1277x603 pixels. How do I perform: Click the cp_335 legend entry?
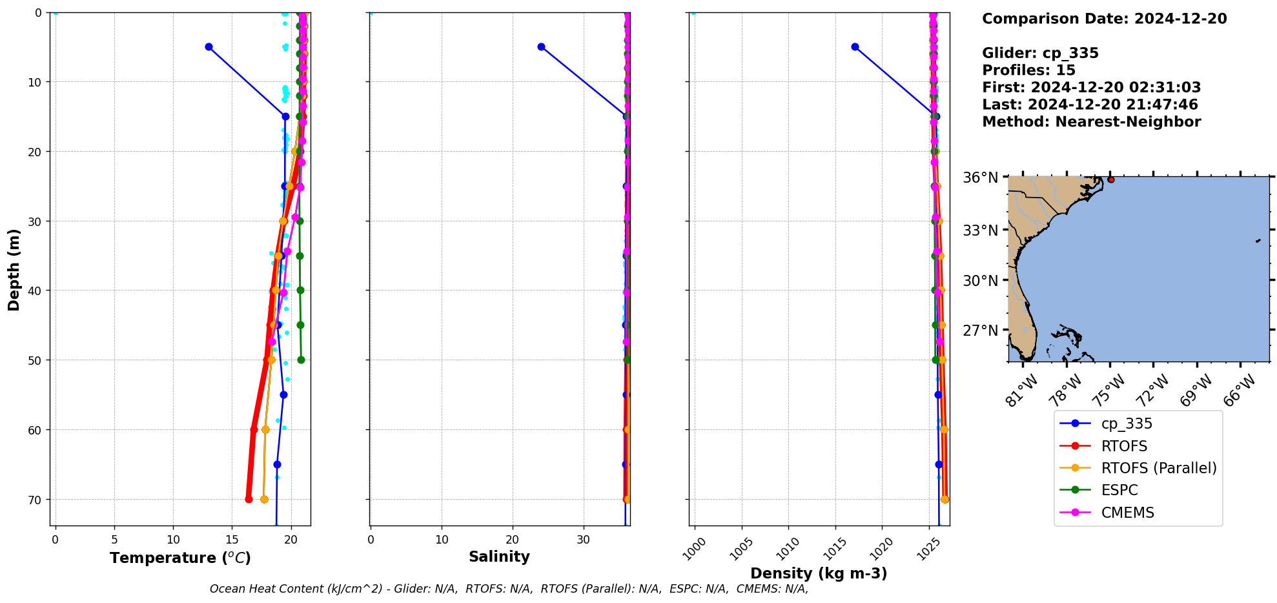(x=1127, y=424)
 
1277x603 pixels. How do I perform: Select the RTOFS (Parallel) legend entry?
(x=1158, y=468)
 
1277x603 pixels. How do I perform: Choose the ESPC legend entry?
(x=1119, y=490)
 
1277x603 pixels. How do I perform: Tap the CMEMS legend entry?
(x=1127, y=513)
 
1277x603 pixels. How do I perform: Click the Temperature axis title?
(x=180, y=558)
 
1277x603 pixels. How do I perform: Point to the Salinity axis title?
(x=499, y=557)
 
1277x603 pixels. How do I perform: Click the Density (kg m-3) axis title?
(x=819, y=573)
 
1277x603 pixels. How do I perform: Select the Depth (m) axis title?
(x=14, y=270)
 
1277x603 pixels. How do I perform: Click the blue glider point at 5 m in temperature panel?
(x=209, y=46)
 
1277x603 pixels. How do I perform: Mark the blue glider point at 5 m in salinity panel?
(x=541, y=46)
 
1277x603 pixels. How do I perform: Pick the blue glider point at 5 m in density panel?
(x=855, y=46)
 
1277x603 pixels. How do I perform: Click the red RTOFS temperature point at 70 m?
(x=249, y=499)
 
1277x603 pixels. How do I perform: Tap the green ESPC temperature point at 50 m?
(x=301, y=360)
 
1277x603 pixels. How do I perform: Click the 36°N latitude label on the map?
(x=980, y=178)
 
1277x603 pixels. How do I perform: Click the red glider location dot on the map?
(x=1110, y=179)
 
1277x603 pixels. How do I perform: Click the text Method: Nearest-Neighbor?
(x=1091, y=122)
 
